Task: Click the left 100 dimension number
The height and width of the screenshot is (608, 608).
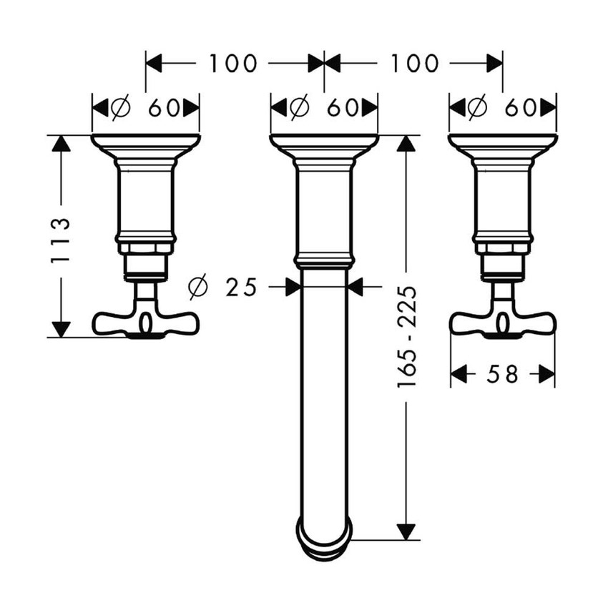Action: (233, 63)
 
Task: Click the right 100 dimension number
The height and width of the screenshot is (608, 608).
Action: (414, 63)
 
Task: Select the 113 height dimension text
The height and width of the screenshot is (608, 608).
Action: (61, 241)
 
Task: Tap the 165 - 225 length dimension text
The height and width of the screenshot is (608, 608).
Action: (407, 336)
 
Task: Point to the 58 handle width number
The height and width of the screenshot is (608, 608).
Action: (502, 374)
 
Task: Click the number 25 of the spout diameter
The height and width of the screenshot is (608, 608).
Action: (241, 287)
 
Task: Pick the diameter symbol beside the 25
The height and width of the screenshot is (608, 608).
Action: (198, 287)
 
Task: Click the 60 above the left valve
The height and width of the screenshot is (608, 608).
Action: (164, 108)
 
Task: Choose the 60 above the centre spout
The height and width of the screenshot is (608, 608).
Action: (343, 108)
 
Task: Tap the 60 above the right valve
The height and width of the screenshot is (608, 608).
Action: (520, 108)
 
